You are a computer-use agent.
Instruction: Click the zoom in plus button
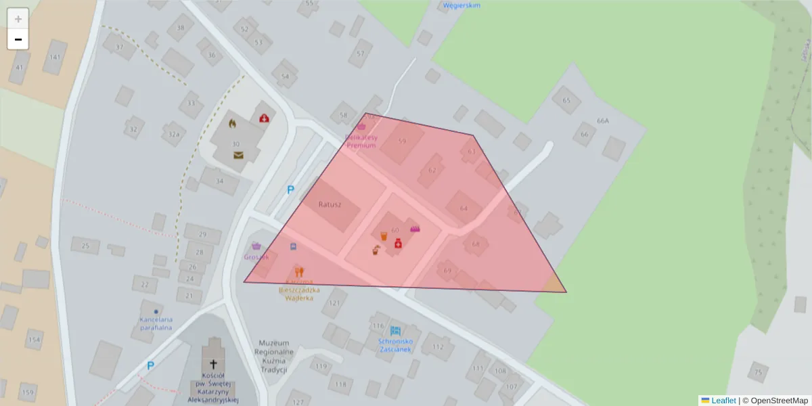[x=18, y=19]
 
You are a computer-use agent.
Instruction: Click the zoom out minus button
[x=18, y=39]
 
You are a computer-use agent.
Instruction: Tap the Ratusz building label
[x=330, y=204]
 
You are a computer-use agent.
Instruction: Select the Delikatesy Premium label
[x=361, y=141]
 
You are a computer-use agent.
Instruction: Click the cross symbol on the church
[x=214, y=363]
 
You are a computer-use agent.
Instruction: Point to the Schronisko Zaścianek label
[x=396, y=345]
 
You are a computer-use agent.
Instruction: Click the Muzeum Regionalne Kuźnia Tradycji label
[x=273, y=356]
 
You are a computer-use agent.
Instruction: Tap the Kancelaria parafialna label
[x=156, y=323]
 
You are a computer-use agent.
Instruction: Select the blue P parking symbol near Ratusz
[x=290, y=190]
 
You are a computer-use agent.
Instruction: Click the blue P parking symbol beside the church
[x=150, y=366]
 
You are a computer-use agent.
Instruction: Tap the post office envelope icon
[x=238, y=155]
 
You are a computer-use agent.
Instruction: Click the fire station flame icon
[x=233, y=124]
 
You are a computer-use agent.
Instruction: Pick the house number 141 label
[x=55, y=57]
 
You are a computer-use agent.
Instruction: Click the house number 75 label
[x=758, y=371]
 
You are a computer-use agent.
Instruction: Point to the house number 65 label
[x=566, y=101]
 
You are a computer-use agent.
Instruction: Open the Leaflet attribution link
[x=723, y=401]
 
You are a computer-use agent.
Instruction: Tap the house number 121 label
[x=334, y=303]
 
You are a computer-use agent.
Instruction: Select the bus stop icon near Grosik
[x=293, y=246]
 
